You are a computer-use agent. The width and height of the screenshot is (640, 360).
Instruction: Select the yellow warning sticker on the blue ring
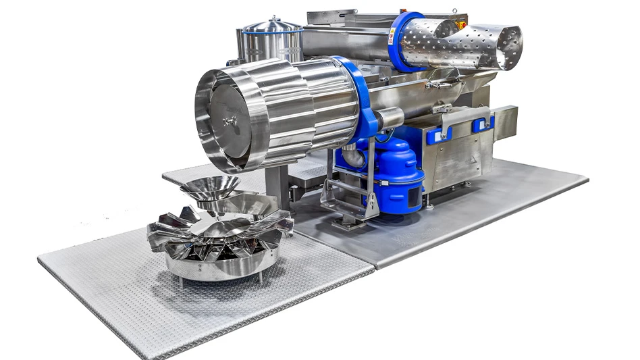pos(392,38)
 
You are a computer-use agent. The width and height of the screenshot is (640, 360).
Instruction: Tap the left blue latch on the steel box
pos(435,135)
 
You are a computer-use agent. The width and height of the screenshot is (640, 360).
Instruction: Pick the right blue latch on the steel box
pos(483,124)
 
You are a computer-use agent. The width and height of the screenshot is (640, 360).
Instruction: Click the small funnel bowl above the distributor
pos(209,186)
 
